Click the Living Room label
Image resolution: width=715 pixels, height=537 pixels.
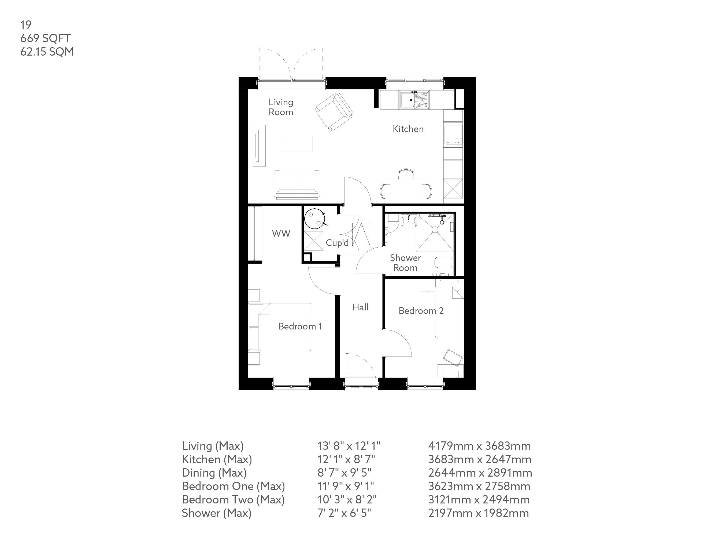[281, 107]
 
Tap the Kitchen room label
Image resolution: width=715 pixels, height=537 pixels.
[408, 129]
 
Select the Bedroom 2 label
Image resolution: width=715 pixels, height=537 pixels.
[421, 311]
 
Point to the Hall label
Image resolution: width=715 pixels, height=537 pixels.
[360, 307]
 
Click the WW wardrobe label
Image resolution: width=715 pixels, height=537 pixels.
[281, 233]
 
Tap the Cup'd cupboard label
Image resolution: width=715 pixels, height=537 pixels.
[337, 243]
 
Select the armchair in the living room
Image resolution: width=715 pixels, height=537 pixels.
[334, 112]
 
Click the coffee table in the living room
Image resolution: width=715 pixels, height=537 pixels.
[297, 144]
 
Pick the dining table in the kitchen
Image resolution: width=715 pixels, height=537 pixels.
[406, 190]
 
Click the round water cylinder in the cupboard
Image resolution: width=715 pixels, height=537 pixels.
[314, 219]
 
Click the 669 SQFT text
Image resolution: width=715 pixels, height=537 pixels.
[45, 38]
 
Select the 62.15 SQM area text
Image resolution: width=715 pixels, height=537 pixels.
[47, 52]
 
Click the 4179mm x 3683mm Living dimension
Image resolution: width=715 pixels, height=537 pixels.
[479, 446]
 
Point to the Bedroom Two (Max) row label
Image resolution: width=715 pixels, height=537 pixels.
[233, 500]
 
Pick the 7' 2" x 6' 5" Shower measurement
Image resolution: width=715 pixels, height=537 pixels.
[344, 513]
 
